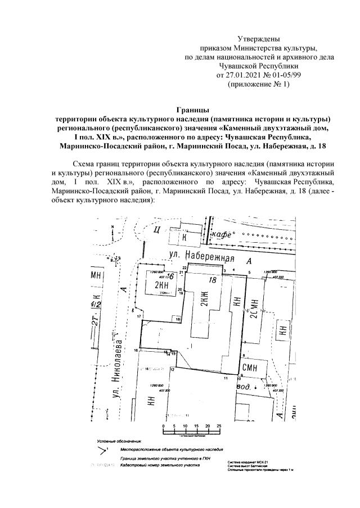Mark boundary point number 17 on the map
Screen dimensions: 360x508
[138, 317]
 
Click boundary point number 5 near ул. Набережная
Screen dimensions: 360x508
[250, 272]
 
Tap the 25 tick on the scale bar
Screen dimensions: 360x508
[219, 426]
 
